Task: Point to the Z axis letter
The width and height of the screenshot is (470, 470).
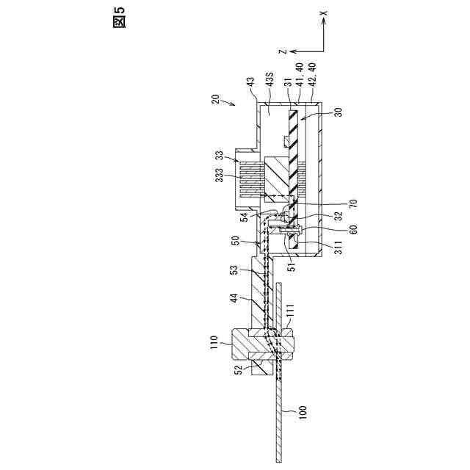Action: pyautogui.click(x=281, y=51)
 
